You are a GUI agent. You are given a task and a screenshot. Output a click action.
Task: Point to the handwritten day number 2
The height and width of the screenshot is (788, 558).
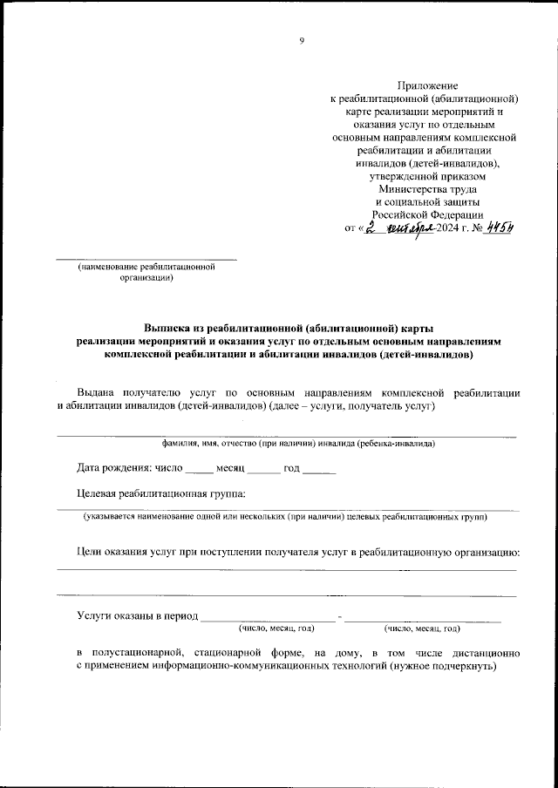[370, 228]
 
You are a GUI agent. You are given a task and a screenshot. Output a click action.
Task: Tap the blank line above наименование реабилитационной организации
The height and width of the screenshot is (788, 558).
[146, 259]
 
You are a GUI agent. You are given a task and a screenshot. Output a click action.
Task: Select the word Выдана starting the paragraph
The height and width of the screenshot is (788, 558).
[96, 391]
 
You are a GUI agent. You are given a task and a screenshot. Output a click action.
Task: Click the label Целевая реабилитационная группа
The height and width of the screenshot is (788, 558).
[160, 493]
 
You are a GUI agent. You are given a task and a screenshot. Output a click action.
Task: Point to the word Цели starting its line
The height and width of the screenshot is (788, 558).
[89, 553]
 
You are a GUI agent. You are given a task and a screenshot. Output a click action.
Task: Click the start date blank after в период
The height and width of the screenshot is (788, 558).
[268, 617]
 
